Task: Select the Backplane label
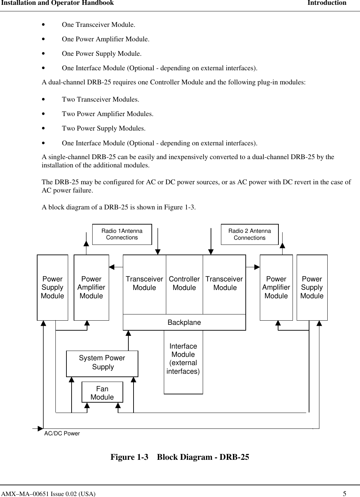click(x=184, y=322)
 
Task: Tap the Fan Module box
click(x=102, y=393)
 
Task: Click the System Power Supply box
click(x=102, y=363)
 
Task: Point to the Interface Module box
click(x=183, y=359)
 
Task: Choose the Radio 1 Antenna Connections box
click(x=122, y=234)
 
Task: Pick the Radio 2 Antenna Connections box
click(x=250, y=234)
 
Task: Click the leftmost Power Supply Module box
click(x=52, y=288)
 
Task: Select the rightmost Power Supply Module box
click(x=312, y=288)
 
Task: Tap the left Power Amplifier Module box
click(x=91, y=288)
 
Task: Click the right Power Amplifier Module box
click(x=276, y=288)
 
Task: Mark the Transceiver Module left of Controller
click(x=144, y=283)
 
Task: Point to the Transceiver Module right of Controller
click(x=224, y=283)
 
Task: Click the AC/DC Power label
click(x=62, y=434)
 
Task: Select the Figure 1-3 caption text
click(x=180, y=457)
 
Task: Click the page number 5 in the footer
click(x=345, y=494)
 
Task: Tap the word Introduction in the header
click(x=327, y=3)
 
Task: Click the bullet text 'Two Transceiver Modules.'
click(x=100, y=100)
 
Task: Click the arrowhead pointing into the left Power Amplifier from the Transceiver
click(x=112, y=267)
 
